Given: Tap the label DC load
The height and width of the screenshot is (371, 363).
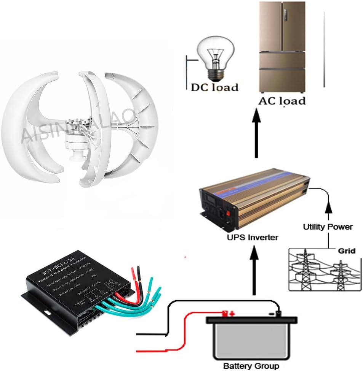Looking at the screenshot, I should pos(214,87).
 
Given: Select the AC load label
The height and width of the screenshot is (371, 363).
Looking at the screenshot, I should pos(282,101).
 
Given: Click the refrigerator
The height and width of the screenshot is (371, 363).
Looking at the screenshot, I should pos(282,47).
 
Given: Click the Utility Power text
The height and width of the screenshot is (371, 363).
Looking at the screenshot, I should pos(328,227).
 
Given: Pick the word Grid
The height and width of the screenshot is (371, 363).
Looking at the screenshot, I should pos(347,251).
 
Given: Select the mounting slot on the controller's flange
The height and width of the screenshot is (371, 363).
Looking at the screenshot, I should pos(47,313).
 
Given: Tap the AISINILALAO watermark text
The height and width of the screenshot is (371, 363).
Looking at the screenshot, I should pos(76,125).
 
